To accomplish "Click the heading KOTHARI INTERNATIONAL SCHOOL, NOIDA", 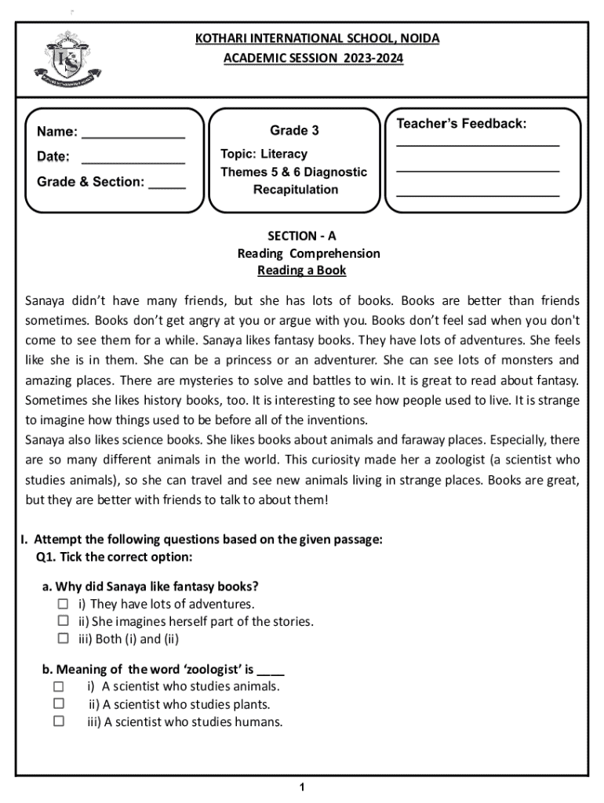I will click(x=317, y=38).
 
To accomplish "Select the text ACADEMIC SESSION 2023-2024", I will click(x=313, y=58).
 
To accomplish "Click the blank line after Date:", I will click(x=133, y=159).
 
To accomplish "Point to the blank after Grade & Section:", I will click(x=167, y=186).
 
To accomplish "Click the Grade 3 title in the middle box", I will click(x=294, y=130).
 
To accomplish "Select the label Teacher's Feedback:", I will click(x=461, y=124).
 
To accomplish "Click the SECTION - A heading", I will click(x=301, y=235).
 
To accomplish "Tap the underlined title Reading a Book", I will click(x=301, y=271).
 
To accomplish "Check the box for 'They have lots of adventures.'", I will click(x=63, y=605).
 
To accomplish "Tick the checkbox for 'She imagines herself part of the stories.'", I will click(x=63, y=622).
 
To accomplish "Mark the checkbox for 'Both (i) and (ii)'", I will click(x=63, y=638).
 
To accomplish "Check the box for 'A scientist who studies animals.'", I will click(x=59, y=686).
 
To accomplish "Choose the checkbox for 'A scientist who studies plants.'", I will click(x=59, y=703).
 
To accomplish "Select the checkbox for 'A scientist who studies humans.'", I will click(x=59, y=721).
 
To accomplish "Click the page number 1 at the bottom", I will click(x=302, y=787).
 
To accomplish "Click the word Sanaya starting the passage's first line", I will click(x=46, y=301).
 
